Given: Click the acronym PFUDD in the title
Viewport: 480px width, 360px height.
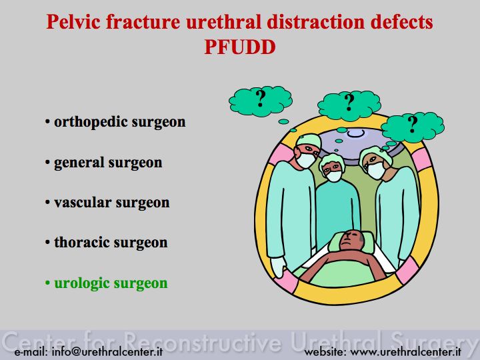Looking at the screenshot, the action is point(240,47).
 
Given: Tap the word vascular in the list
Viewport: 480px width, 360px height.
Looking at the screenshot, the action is point(83,203).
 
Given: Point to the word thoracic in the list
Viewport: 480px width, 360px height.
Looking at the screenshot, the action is point(81,243).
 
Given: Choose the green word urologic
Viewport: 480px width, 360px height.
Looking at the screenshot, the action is point(81,283).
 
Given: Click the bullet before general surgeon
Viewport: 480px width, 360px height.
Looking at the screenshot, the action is point(47,163).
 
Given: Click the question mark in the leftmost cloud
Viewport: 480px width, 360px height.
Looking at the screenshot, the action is point(261,98).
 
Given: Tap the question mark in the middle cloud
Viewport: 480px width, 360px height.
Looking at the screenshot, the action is point(349,102).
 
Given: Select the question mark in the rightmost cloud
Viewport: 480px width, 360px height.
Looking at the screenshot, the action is point(413,124).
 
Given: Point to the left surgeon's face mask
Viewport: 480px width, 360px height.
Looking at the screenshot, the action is point(305,160).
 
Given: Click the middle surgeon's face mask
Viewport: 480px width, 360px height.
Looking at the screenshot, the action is point(334,176).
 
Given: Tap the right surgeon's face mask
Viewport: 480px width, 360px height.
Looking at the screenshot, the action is point(376,171).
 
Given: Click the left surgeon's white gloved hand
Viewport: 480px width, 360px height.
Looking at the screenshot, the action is point(279,267).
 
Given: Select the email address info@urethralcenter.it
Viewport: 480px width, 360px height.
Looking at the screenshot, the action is point(107,351).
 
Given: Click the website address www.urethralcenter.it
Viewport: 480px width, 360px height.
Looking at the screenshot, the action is point(405,351).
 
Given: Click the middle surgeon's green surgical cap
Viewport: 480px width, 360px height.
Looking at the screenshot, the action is point(332,161).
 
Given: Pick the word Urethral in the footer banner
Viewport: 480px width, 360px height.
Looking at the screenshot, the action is point(336,341).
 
